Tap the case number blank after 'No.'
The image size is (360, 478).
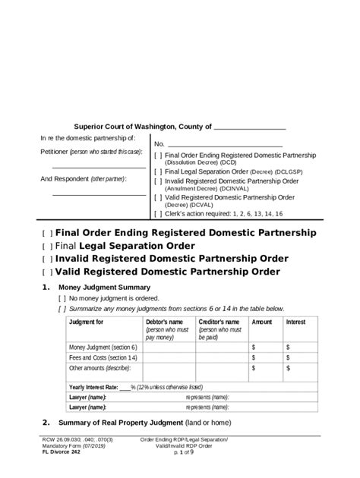click(x=224, y=144)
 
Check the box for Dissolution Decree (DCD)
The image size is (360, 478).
click(x=157, y=155)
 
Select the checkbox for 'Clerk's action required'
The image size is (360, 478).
click(x=157, y=214)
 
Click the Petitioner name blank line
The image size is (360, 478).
click(x=99, y=166)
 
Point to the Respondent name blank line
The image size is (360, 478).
click(x=99, y=194)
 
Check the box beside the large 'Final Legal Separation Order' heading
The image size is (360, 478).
click(x=47, y=247)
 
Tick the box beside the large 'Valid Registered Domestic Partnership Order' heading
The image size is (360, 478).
click(x=47, y=272)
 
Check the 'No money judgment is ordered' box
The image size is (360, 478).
click(x=62, y=298)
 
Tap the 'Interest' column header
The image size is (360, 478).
click(x=295, y=322)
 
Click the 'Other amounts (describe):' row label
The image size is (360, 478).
click(x=99, y=368)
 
